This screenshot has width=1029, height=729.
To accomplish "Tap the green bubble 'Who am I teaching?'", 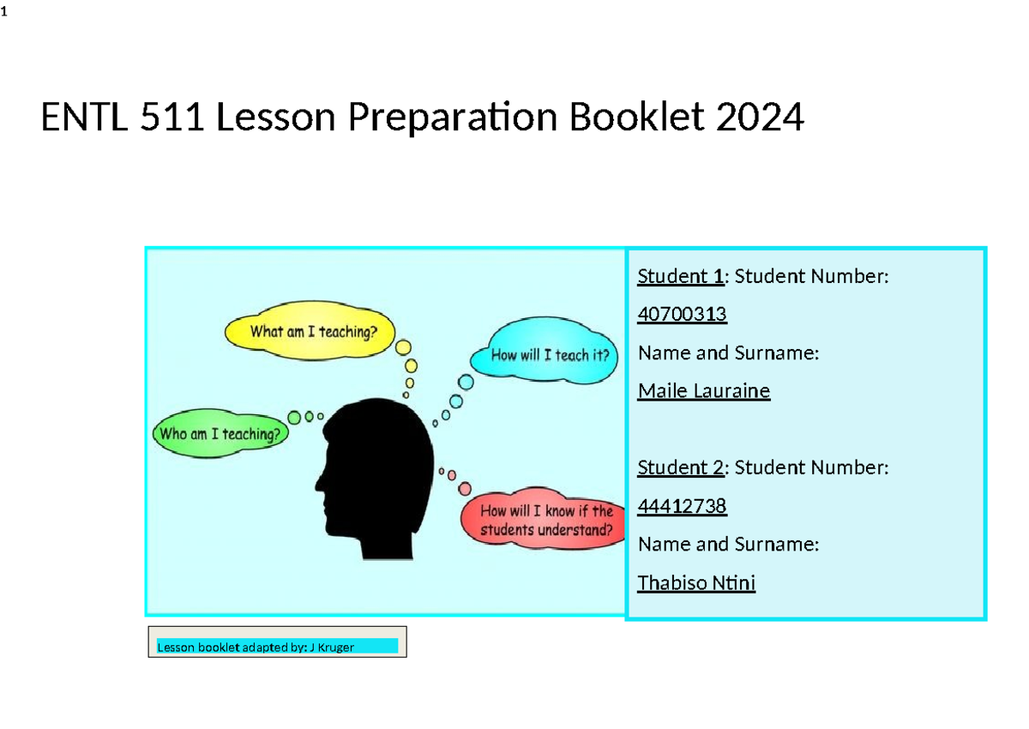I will pos(220,434).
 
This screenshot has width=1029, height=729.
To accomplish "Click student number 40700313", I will pos(682,315).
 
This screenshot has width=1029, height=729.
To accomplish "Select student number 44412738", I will pos(682,506).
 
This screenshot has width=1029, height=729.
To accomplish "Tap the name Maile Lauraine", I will pos(703,391).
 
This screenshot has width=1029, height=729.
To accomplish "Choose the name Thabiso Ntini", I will pos(696,583).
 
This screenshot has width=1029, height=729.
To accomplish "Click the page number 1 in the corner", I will pos(4,12).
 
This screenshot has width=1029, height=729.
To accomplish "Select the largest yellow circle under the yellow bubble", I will pos(404,347).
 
